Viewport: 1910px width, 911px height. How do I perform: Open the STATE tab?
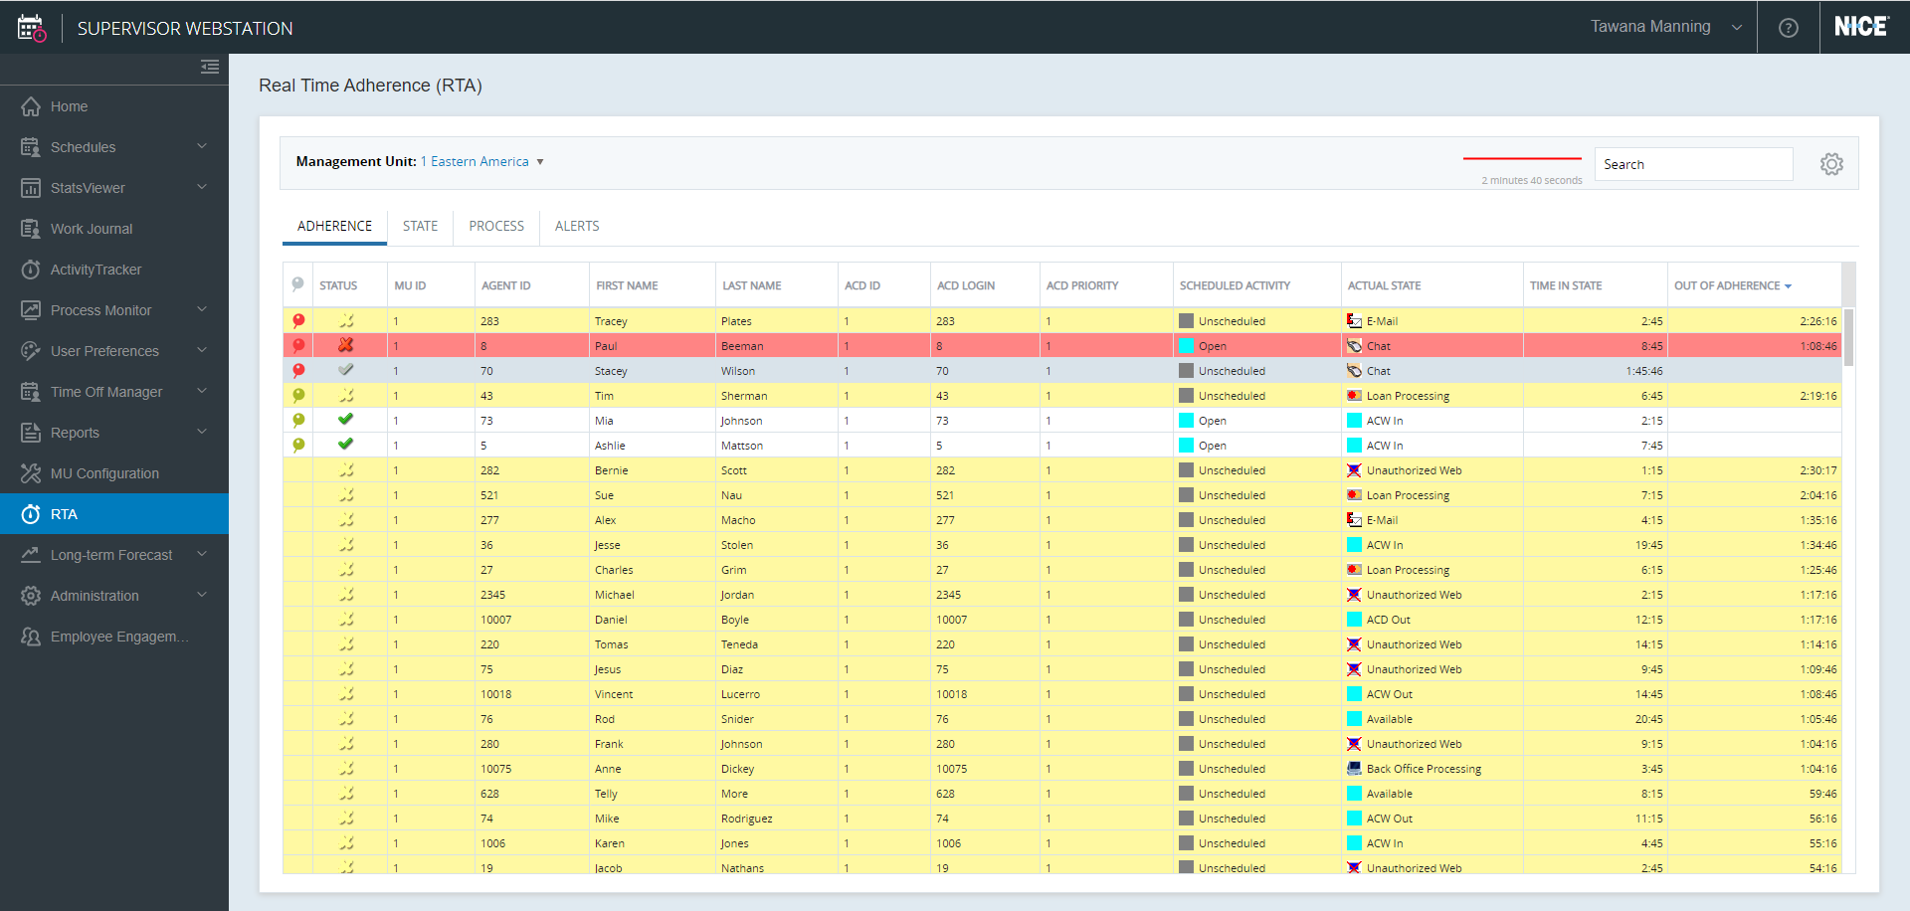coord(420,226)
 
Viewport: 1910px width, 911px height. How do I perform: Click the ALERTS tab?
coord(577,226)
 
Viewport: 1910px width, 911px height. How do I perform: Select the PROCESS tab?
coord(496,226)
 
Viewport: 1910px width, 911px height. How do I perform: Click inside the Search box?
coord(1693,164)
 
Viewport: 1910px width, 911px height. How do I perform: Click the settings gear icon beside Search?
coord(1831,164)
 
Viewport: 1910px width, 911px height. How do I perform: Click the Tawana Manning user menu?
coord(1665,27)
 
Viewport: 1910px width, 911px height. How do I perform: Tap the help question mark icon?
coord(1789,28)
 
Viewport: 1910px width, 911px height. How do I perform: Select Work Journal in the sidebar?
coord(92,229)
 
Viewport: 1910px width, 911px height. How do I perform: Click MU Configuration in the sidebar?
coord(104,473)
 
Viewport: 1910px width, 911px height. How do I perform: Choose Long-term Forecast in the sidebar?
coord(111,555)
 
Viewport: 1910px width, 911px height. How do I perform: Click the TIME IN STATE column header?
coord(1566,285)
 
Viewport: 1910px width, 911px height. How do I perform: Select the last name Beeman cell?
coord(742,346)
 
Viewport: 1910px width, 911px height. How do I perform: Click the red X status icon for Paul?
coord(345,345)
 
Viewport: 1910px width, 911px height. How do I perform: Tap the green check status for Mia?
coord(345,420)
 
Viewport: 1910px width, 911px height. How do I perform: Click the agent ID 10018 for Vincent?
coord(495,694)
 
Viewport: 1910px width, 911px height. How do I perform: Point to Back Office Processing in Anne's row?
coord(1423,769)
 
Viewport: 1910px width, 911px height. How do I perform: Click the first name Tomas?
coord(612,644)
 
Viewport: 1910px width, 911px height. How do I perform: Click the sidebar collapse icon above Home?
coord(210,67)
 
